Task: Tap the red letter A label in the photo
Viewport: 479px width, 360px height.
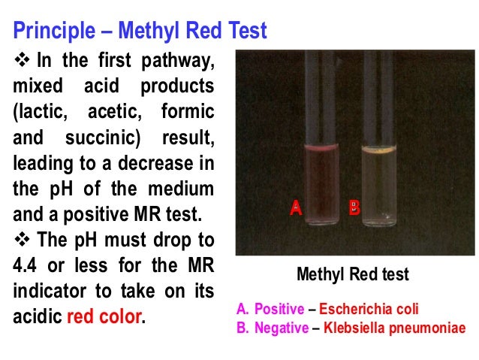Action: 296,209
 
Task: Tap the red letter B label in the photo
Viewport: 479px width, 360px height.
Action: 354,209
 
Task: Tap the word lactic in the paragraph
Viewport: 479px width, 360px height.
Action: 42,113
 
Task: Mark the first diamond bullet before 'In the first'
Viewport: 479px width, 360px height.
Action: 21,61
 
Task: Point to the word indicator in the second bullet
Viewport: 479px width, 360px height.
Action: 49,290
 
